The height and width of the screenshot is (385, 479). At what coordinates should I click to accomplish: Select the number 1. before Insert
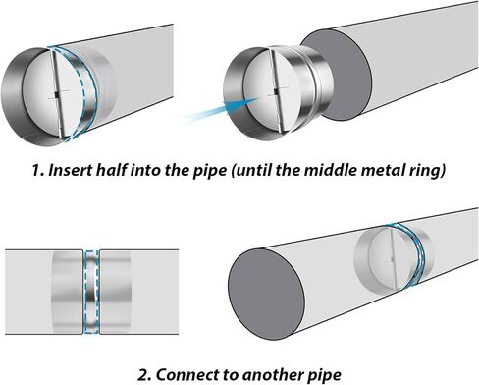38,170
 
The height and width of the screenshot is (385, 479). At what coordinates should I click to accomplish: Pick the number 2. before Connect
145,374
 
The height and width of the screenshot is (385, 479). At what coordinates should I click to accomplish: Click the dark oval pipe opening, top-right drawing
337,75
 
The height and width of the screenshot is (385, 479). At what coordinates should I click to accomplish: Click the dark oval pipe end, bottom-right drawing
266,294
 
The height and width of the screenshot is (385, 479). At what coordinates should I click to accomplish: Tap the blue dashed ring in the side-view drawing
91,292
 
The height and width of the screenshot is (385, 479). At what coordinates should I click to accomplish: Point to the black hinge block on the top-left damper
56,95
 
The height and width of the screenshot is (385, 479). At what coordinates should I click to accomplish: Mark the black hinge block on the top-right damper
276,91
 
